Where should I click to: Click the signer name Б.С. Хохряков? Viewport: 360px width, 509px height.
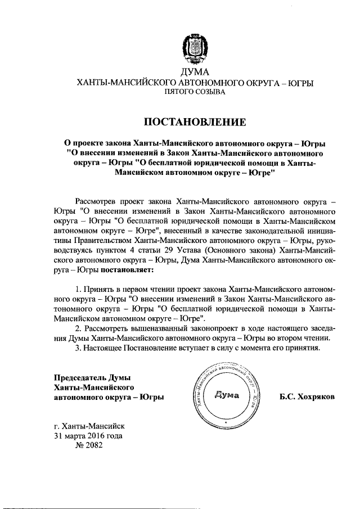click(x=307, y=397)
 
